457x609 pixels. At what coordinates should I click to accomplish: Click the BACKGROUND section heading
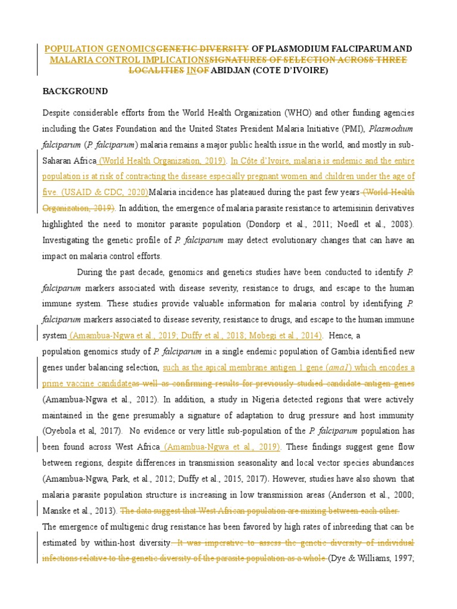(75, 92)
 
